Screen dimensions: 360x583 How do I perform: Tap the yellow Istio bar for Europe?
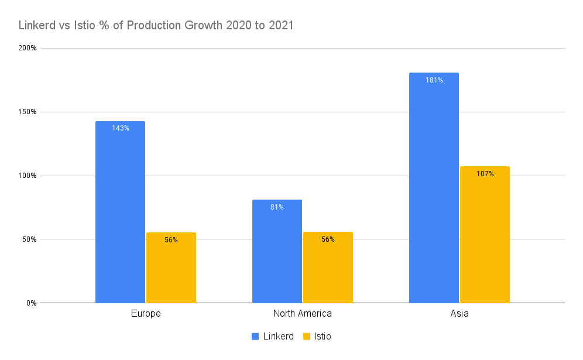coord(171,268)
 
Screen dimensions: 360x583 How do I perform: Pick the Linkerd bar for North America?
coord(277,251)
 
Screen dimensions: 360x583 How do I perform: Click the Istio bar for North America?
coord(328,268)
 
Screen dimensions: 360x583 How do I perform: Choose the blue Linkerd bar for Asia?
coord(434,188)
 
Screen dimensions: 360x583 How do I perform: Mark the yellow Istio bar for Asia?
coord(485,235)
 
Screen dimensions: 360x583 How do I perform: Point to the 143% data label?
coord(121,128)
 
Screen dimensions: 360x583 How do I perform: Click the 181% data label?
coord(434,80)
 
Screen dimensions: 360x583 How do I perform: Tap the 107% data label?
coord(485,174)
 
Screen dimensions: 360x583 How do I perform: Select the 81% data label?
coord(277,207)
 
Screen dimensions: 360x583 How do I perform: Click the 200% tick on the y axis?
coord(28,48)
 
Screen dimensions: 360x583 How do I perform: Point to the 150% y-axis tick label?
coord(28,112)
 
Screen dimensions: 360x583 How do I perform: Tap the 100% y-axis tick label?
coord(28,176)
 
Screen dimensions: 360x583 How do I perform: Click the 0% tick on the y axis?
coord(31,303)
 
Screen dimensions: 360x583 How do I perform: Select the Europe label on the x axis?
coord(146,314)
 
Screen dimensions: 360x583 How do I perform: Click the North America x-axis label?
coord(303,314)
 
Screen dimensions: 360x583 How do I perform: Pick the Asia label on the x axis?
coord(459,314)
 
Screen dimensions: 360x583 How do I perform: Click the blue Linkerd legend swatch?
coord(255,337)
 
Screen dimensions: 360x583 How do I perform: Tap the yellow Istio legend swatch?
coord(307,337)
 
